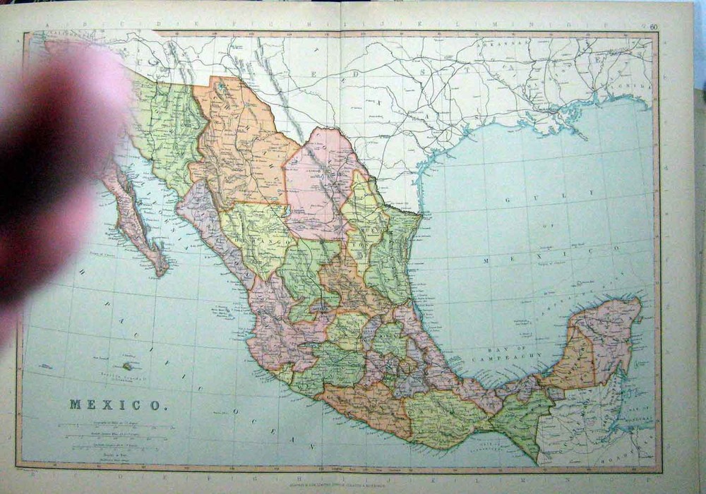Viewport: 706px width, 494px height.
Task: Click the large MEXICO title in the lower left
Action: point(118,405)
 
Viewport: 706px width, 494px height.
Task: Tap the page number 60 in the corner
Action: point(654,28)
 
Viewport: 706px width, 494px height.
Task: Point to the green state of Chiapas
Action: point(521,420)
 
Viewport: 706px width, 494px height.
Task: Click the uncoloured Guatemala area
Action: point(572,423)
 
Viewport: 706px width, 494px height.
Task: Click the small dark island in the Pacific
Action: point(128,366)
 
